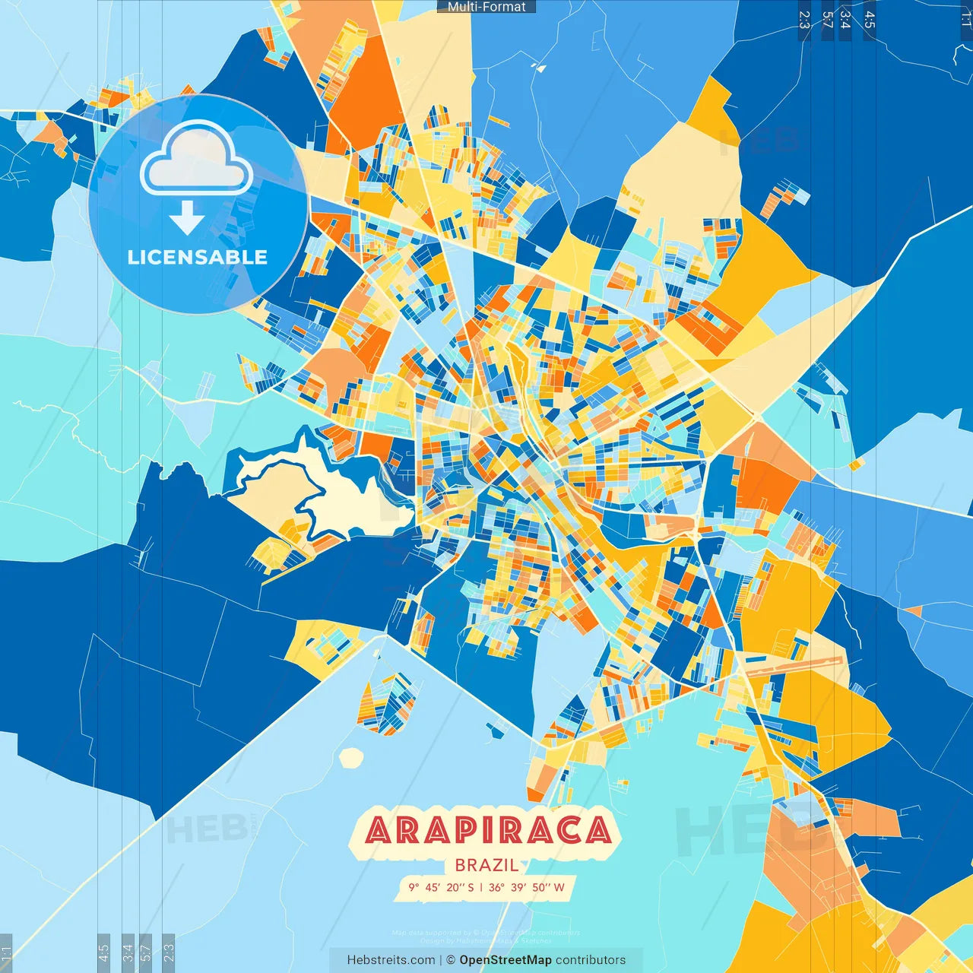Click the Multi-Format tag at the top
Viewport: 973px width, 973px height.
click(486, 7)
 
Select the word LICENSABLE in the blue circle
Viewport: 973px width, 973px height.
click(198, 257)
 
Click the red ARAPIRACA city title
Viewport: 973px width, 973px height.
click(487, 830)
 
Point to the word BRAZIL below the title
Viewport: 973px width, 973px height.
click(486, 865)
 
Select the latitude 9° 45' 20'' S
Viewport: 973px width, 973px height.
click(441, 887)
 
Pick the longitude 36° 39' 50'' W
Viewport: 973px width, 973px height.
click(526, 887)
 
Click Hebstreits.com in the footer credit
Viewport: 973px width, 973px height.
click(391, 960)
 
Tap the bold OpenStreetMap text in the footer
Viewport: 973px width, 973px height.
click(505, 960)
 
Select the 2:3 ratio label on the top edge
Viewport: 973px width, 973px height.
click(804, 20)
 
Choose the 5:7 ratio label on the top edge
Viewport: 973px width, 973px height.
click(828, 20)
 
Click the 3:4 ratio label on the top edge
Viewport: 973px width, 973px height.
click(845, 20)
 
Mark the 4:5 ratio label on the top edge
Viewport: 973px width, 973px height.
click(869, 20)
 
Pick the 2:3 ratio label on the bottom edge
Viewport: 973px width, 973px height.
click(168, 950)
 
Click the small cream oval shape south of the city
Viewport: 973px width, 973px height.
click(351, 757)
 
